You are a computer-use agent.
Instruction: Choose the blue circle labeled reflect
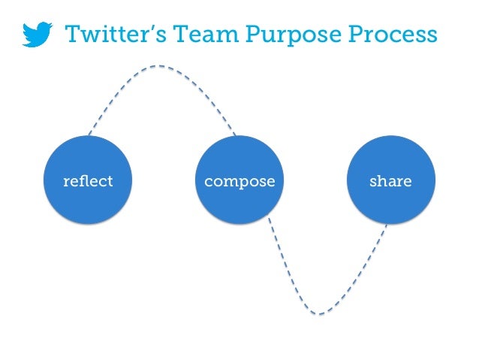point(88,180)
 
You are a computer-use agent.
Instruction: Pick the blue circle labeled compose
point(239,180)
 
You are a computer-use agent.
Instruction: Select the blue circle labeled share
point(390,180)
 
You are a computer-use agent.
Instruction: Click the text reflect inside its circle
point(88,181)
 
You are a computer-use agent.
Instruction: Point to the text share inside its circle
point(390,181)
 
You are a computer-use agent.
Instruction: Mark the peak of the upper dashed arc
point(158,66)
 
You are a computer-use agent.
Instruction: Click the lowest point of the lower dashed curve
point(319,313)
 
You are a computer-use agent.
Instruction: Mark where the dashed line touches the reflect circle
point(89,136)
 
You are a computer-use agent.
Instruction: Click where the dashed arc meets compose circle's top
point(235,136)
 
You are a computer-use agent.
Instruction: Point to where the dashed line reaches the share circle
point(387,225)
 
